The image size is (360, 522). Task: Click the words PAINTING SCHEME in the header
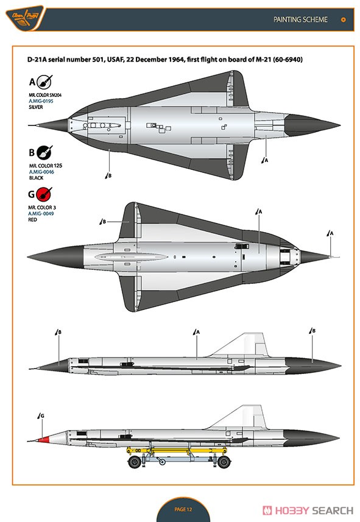pyautogui.click(x=300, y=19)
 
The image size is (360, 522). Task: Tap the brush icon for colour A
pyautogui.click(x=44, y=82)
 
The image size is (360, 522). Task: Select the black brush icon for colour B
pyautogui.click(x=44, y=152)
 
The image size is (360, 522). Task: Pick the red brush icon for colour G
pyautogui.click(x=44, y=194)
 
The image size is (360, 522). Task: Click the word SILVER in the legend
pyautogui.click(x=35, y=107)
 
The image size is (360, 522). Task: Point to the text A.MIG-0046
pyautogui.click(x=41, y=172)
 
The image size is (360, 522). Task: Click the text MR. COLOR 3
pyautogui.click(x=42, y=208)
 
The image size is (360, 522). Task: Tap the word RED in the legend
pyautogui.click(x=33, y=220)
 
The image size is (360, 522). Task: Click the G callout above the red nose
pyautogui.click(x=41, y=416)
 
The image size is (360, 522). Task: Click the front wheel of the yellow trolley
pyautogui.click(x=135, y=462)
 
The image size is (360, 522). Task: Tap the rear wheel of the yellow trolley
pyautogui.click(x=224, y=462)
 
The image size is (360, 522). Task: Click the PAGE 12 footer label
pyautogui.click(x=183, y=509)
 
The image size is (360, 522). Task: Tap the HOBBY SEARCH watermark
pyautogui.click(x=308, y=510)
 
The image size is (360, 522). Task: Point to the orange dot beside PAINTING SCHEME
pyautogui.click(x=343, y=19)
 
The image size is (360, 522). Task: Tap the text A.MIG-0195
pyautogui.click(x=41, y=101)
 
